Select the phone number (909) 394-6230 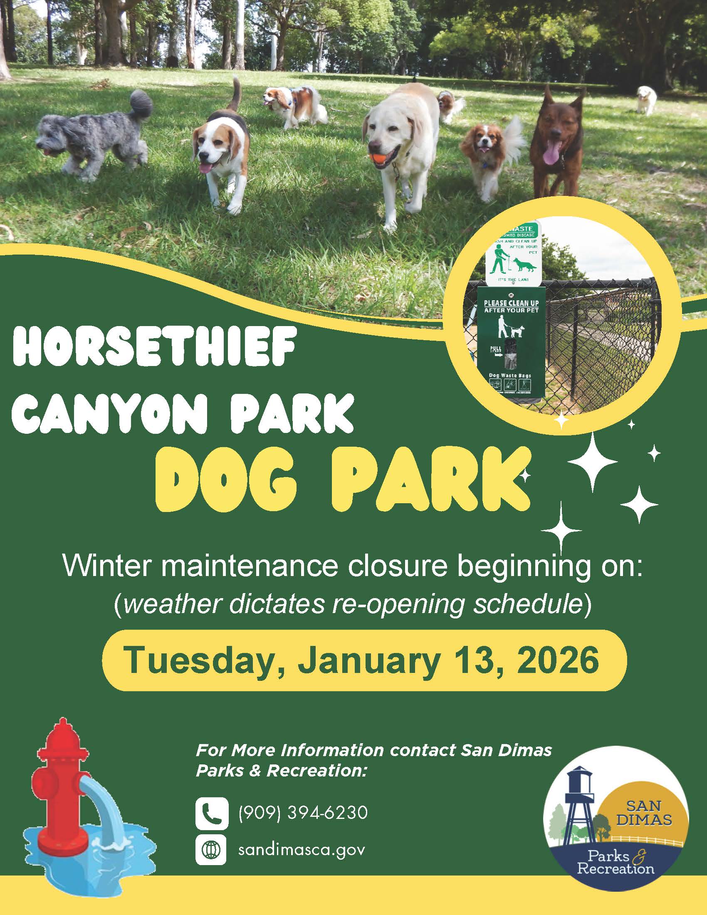[x=302, y=813]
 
